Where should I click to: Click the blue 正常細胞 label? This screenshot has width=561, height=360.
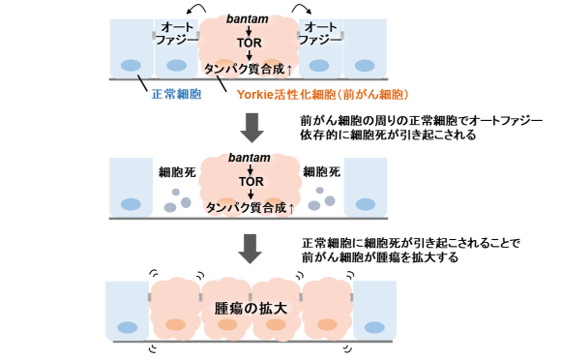coord(176,95)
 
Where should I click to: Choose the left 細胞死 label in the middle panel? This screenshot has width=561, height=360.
coord(176,172)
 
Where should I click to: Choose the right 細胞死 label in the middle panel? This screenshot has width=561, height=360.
coord(322,172)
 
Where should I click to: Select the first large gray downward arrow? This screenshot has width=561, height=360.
coord(251,126)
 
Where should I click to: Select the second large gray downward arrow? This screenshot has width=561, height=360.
coord(251,247)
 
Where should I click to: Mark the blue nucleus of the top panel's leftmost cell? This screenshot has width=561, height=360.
coord(130,66)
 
